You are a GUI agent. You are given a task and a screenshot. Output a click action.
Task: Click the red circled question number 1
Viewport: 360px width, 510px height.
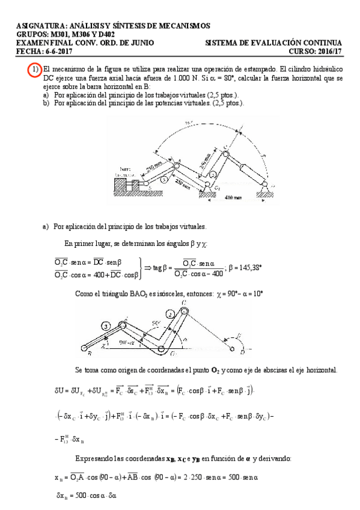35,70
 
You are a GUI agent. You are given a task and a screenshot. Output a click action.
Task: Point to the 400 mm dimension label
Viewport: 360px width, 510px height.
235,197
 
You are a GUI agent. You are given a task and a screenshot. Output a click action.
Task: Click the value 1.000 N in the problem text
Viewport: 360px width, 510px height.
183,78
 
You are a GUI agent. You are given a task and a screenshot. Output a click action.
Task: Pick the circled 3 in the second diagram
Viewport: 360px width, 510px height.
106,325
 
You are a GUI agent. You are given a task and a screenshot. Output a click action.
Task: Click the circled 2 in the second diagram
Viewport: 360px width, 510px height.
170,313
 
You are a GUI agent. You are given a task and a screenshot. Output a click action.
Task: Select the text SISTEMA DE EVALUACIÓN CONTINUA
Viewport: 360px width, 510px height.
273,43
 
